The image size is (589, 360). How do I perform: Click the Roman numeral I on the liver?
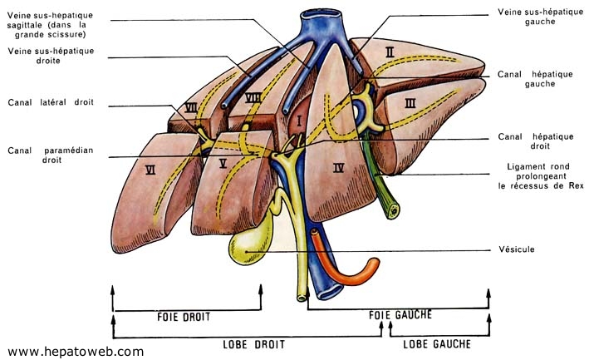[299, 121]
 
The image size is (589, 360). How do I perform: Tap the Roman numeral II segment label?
[390, 52]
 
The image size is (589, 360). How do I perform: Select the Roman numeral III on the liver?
[410, 103]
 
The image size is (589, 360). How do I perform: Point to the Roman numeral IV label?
[338, 168]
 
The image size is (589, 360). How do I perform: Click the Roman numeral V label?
[223, 163]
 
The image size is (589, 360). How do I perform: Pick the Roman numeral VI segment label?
[150, 170]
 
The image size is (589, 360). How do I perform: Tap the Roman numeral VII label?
[191, 108]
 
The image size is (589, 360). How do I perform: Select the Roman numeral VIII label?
[253, 98]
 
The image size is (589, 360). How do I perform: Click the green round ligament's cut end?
[393, 212]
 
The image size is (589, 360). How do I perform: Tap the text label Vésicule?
[517, 249]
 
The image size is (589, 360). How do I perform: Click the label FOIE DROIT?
[184, 317]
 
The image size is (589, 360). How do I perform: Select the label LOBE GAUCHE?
[437, 344]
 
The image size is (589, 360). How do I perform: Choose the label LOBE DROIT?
[254, 344]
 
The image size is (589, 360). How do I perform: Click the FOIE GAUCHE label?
[400, 314]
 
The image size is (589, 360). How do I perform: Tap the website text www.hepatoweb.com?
[76, 352]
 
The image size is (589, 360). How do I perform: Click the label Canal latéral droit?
[51, 102]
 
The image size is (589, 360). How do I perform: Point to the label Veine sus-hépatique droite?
[51, 56]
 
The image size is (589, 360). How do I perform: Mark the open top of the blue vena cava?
[321, 14]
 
